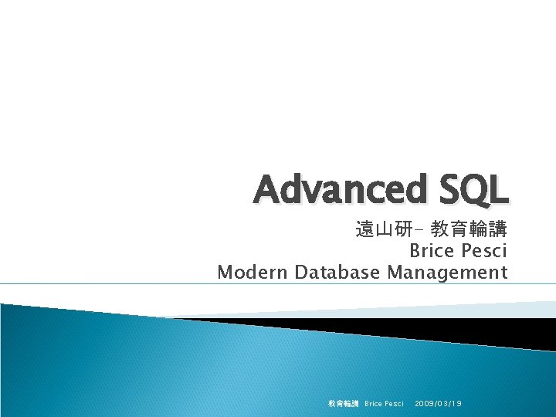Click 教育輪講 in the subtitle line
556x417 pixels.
pyautogui.click(x=470, y=229)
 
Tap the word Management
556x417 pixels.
pyautogui.click(x=448, y=272)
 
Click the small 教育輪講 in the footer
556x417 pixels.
pyautogui.click(x=343, y=403)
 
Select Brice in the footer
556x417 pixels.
pyautogui.click(x=374, y=403)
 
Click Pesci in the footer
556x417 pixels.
pyautogui.click(x=395, y=403)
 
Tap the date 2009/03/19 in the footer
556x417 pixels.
pyautogui.click(x=438, y=403)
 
